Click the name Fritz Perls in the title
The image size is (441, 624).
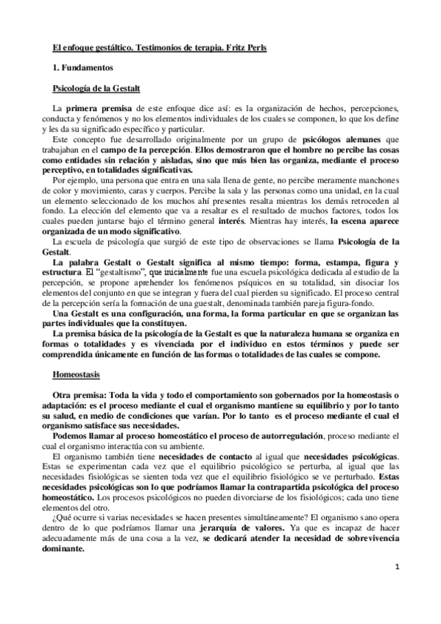247,48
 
